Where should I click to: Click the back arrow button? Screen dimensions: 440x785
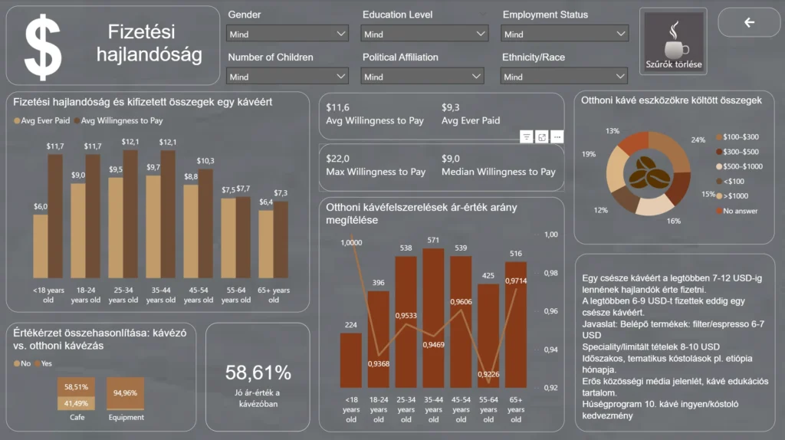(x=749, y=22)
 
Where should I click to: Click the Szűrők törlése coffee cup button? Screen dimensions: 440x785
(x=673, y=42)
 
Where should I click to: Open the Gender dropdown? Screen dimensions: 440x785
(x=287, y=34)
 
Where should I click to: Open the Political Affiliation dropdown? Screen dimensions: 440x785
(x=423, y=77)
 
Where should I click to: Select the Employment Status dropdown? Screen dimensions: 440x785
(x=564, y=34)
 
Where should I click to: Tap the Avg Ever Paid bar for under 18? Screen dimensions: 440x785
(x=41, y=245)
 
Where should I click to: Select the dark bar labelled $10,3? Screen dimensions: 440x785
(x=205, y=222)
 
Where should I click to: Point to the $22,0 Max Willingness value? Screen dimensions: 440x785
(x=338, y=158)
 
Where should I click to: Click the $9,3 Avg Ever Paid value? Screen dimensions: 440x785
(x=451, y=107)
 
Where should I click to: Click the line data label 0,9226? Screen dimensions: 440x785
(x=488, y=374)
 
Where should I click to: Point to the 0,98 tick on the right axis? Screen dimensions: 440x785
(x=551, y=273)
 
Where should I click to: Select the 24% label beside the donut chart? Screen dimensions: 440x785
(x=698, y=140)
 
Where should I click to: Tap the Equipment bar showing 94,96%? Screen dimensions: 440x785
(x=125, y=393)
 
